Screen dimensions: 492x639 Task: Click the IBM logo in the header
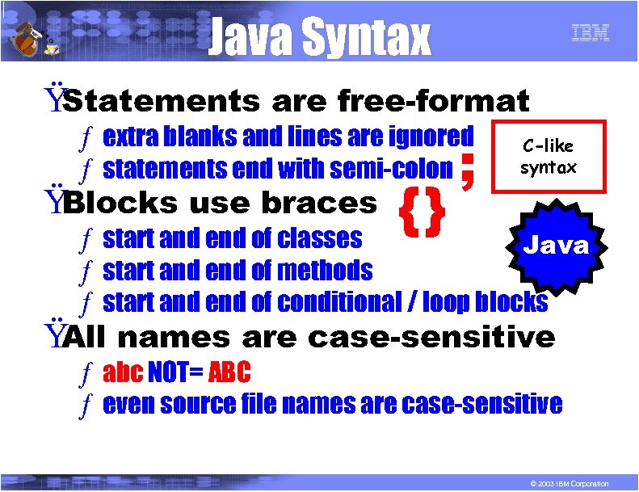pyautogui.click(x=590, y=33)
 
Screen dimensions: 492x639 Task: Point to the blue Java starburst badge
pyautogui.click(x=557, y=246)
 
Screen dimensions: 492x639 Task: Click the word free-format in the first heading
pyautogui.click(x=433, y=102)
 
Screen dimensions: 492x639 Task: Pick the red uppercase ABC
pyautogui.click(x=229, y=372)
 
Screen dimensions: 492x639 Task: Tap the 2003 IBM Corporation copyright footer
pyautogui.click(x=565, y=483)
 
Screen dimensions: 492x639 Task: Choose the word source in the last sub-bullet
pyautogui.click(x=200, y=403)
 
